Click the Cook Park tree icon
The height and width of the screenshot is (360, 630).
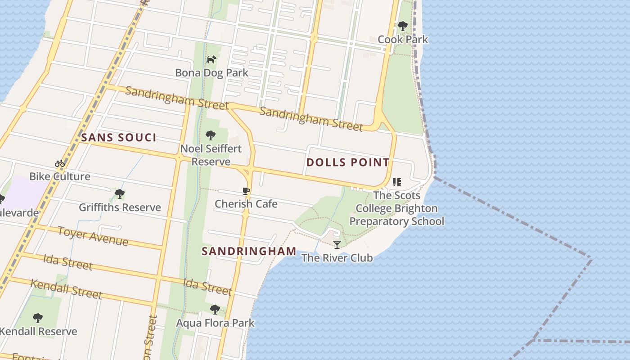point(403,26)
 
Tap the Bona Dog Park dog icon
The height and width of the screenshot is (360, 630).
point(211,59)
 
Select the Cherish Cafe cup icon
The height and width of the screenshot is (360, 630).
point(246,191)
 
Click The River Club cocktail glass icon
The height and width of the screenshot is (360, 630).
point(337,245)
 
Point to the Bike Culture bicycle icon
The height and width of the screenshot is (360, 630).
point(60,163)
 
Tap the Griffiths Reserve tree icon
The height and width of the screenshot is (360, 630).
point(119,194)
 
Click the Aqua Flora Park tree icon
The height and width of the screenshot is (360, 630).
point(215,310)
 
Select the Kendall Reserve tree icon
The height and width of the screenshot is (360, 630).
point(38,318)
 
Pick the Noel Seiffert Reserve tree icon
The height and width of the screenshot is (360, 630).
point(210,135)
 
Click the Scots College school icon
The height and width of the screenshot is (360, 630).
point(396,182)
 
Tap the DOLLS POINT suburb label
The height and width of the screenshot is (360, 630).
point(348,162)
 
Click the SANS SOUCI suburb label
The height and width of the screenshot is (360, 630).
point(119,138)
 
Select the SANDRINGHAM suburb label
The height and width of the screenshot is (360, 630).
point(249,251)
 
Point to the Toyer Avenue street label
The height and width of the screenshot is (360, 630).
point(93,236)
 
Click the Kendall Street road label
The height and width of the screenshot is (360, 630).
point(66,289)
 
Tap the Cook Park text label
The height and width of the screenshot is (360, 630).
point(403,40)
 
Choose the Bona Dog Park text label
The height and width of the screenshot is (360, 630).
point(211,73)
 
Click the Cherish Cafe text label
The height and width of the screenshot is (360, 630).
point(246,204)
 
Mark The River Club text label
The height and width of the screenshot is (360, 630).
point(337,258)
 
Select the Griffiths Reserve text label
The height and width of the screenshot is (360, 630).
point(120,207)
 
